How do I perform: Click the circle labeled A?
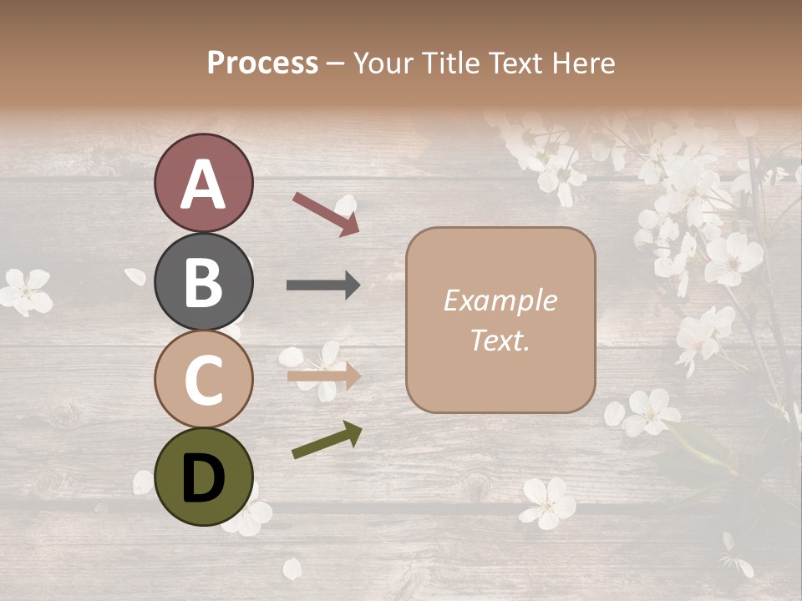tap(203, 183)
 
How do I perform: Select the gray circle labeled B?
tap(203, 281)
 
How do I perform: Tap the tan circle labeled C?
tap(203, 379)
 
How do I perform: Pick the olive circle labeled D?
tap(203, 477)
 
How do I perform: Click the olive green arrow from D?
tap(327, 440)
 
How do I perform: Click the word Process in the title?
tap(262, 63)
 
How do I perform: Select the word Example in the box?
tap(500, 301)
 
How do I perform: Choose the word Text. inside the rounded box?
tap(500, 340)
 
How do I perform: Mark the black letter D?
tap(203, 478)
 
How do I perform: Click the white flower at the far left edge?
tap(25, 290)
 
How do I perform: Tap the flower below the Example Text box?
tap(548, 502)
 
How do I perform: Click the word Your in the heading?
tap(380, 63)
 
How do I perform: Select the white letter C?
tap(203, 380)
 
